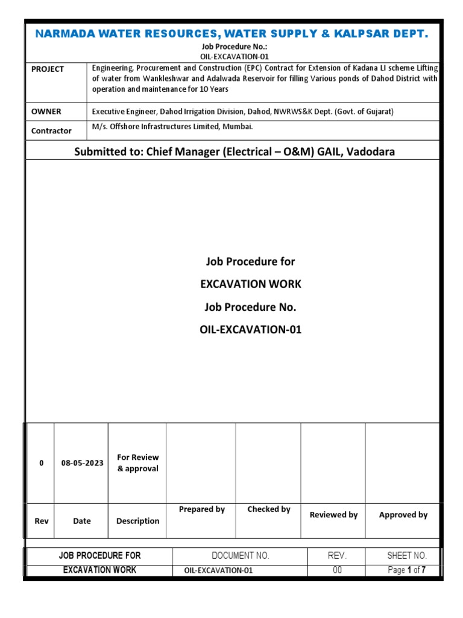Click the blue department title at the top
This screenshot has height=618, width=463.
pos(231,34)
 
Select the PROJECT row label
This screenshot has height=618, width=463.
pos(48,69)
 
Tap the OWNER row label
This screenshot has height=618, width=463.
pos(46,112)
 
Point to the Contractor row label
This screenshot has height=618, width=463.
pos(51,130)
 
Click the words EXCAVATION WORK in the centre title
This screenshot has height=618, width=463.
pos(250,284)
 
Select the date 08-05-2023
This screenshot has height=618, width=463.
pos(82,463)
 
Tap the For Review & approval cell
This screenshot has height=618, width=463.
pos(137,463)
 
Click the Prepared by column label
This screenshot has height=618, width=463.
pos(202,509)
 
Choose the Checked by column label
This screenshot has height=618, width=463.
pos(269,509)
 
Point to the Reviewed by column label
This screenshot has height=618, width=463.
pos(333,515)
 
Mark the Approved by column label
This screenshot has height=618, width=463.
pos(403,515)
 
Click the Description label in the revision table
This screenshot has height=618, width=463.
pos(137,521)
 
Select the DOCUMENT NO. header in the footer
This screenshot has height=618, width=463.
pos(241,555)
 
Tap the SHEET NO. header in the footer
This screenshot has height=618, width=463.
pos(407,555)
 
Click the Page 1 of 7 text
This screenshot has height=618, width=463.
pos(407,570)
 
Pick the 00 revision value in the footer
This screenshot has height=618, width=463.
pos(337,570)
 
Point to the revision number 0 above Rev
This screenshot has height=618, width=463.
pos(42,463)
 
